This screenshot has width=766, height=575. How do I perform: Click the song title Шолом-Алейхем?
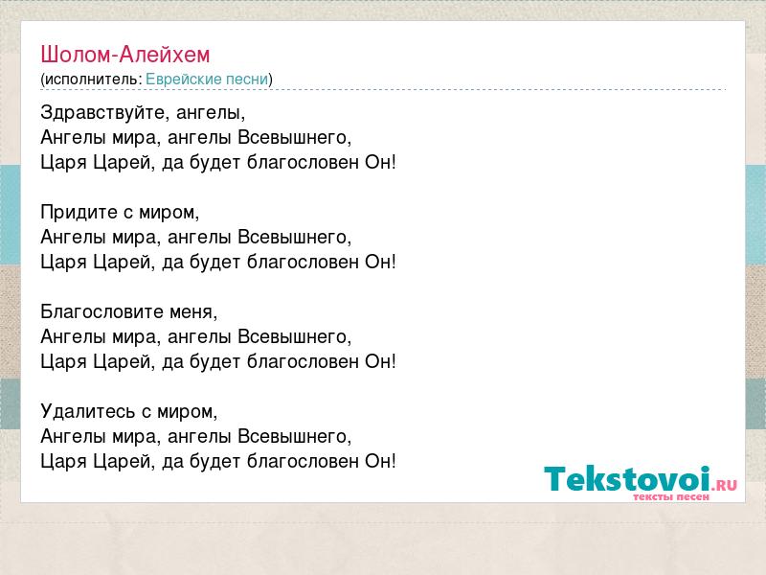coord(125,55)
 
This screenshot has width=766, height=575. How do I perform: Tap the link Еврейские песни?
coord(207,80)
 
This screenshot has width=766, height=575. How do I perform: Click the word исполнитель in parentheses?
coord(92,80)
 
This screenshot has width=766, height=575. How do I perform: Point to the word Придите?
coord(79,213)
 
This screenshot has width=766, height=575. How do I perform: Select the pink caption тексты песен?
coord(671,496)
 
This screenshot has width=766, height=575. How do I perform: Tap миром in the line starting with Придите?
coord(169,213)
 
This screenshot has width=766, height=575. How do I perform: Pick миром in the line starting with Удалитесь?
coord(188,412)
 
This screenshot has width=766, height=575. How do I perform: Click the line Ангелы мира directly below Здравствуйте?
coord(196,138)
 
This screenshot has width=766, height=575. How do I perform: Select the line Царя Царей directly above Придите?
coord(218,163)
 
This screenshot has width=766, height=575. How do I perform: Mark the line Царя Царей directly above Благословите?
coord(218,263)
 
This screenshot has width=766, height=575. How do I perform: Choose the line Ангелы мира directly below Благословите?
coord(196,337)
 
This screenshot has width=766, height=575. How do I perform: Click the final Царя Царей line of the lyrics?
coord(218,462)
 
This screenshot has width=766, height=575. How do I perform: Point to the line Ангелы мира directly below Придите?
coord(196,238)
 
